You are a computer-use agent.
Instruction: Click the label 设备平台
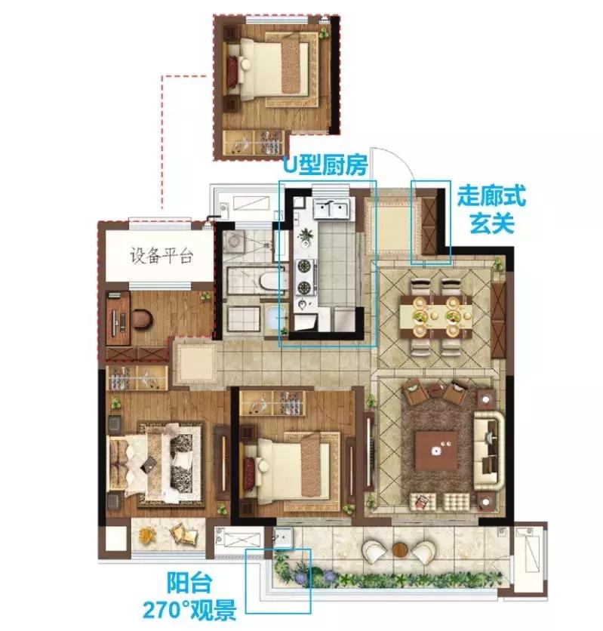[162, 256]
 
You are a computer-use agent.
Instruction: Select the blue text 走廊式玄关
[491, 209]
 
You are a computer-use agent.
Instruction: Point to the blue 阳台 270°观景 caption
[189, 598]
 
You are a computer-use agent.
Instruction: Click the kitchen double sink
[331, 208]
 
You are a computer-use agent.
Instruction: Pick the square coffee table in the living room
[436, 451]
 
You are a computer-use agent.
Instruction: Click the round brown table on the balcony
[400, 549]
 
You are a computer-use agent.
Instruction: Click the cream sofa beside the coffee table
[489, 451]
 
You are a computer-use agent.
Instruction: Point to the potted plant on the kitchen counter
[306, 235]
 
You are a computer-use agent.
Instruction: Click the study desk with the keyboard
[118, 318]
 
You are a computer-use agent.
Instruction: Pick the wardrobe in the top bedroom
[252, 142]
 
